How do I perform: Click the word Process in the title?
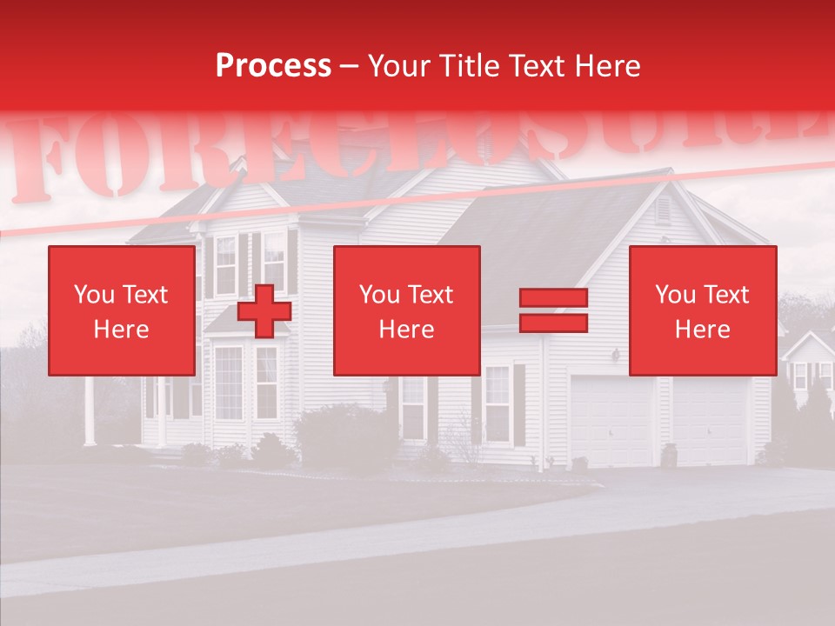point(273,66)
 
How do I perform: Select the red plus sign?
point(264,311)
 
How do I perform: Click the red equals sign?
point(553,310)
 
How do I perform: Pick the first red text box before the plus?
point(122,310)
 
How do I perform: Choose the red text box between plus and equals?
point(406,310)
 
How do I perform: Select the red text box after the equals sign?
point(702,310)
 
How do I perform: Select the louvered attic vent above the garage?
point(663,210)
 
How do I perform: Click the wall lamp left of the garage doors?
point(616,355)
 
